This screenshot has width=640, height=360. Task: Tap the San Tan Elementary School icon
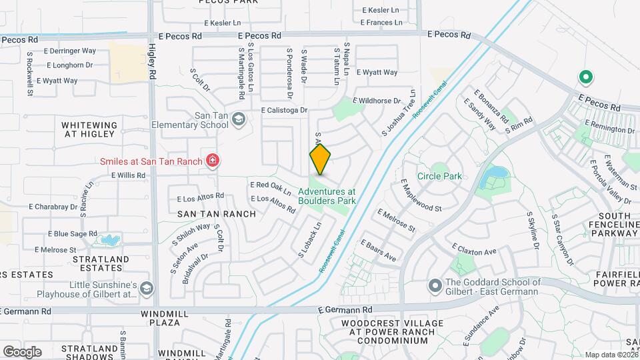[239, 119]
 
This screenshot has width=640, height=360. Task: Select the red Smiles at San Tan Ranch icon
[213, 161]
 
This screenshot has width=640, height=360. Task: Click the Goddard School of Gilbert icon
[435, 286]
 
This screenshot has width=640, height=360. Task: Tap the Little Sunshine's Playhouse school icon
[147, 288]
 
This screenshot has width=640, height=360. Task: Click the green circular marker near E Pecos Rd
[586, 77]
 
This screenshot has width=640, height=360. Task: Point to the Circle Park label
[439, 177]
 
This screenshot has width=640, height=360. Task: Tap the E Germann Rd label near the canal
[345, 310]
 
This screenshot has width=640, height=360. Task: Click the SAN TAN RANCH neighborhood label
[217, 214]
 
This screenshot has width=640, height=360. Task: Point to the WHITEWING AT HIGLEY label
[89, 129]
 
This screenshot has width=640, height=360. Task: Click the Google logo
[21, 351]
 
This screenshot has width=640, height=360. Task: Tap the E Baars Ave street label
[378, 251]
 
